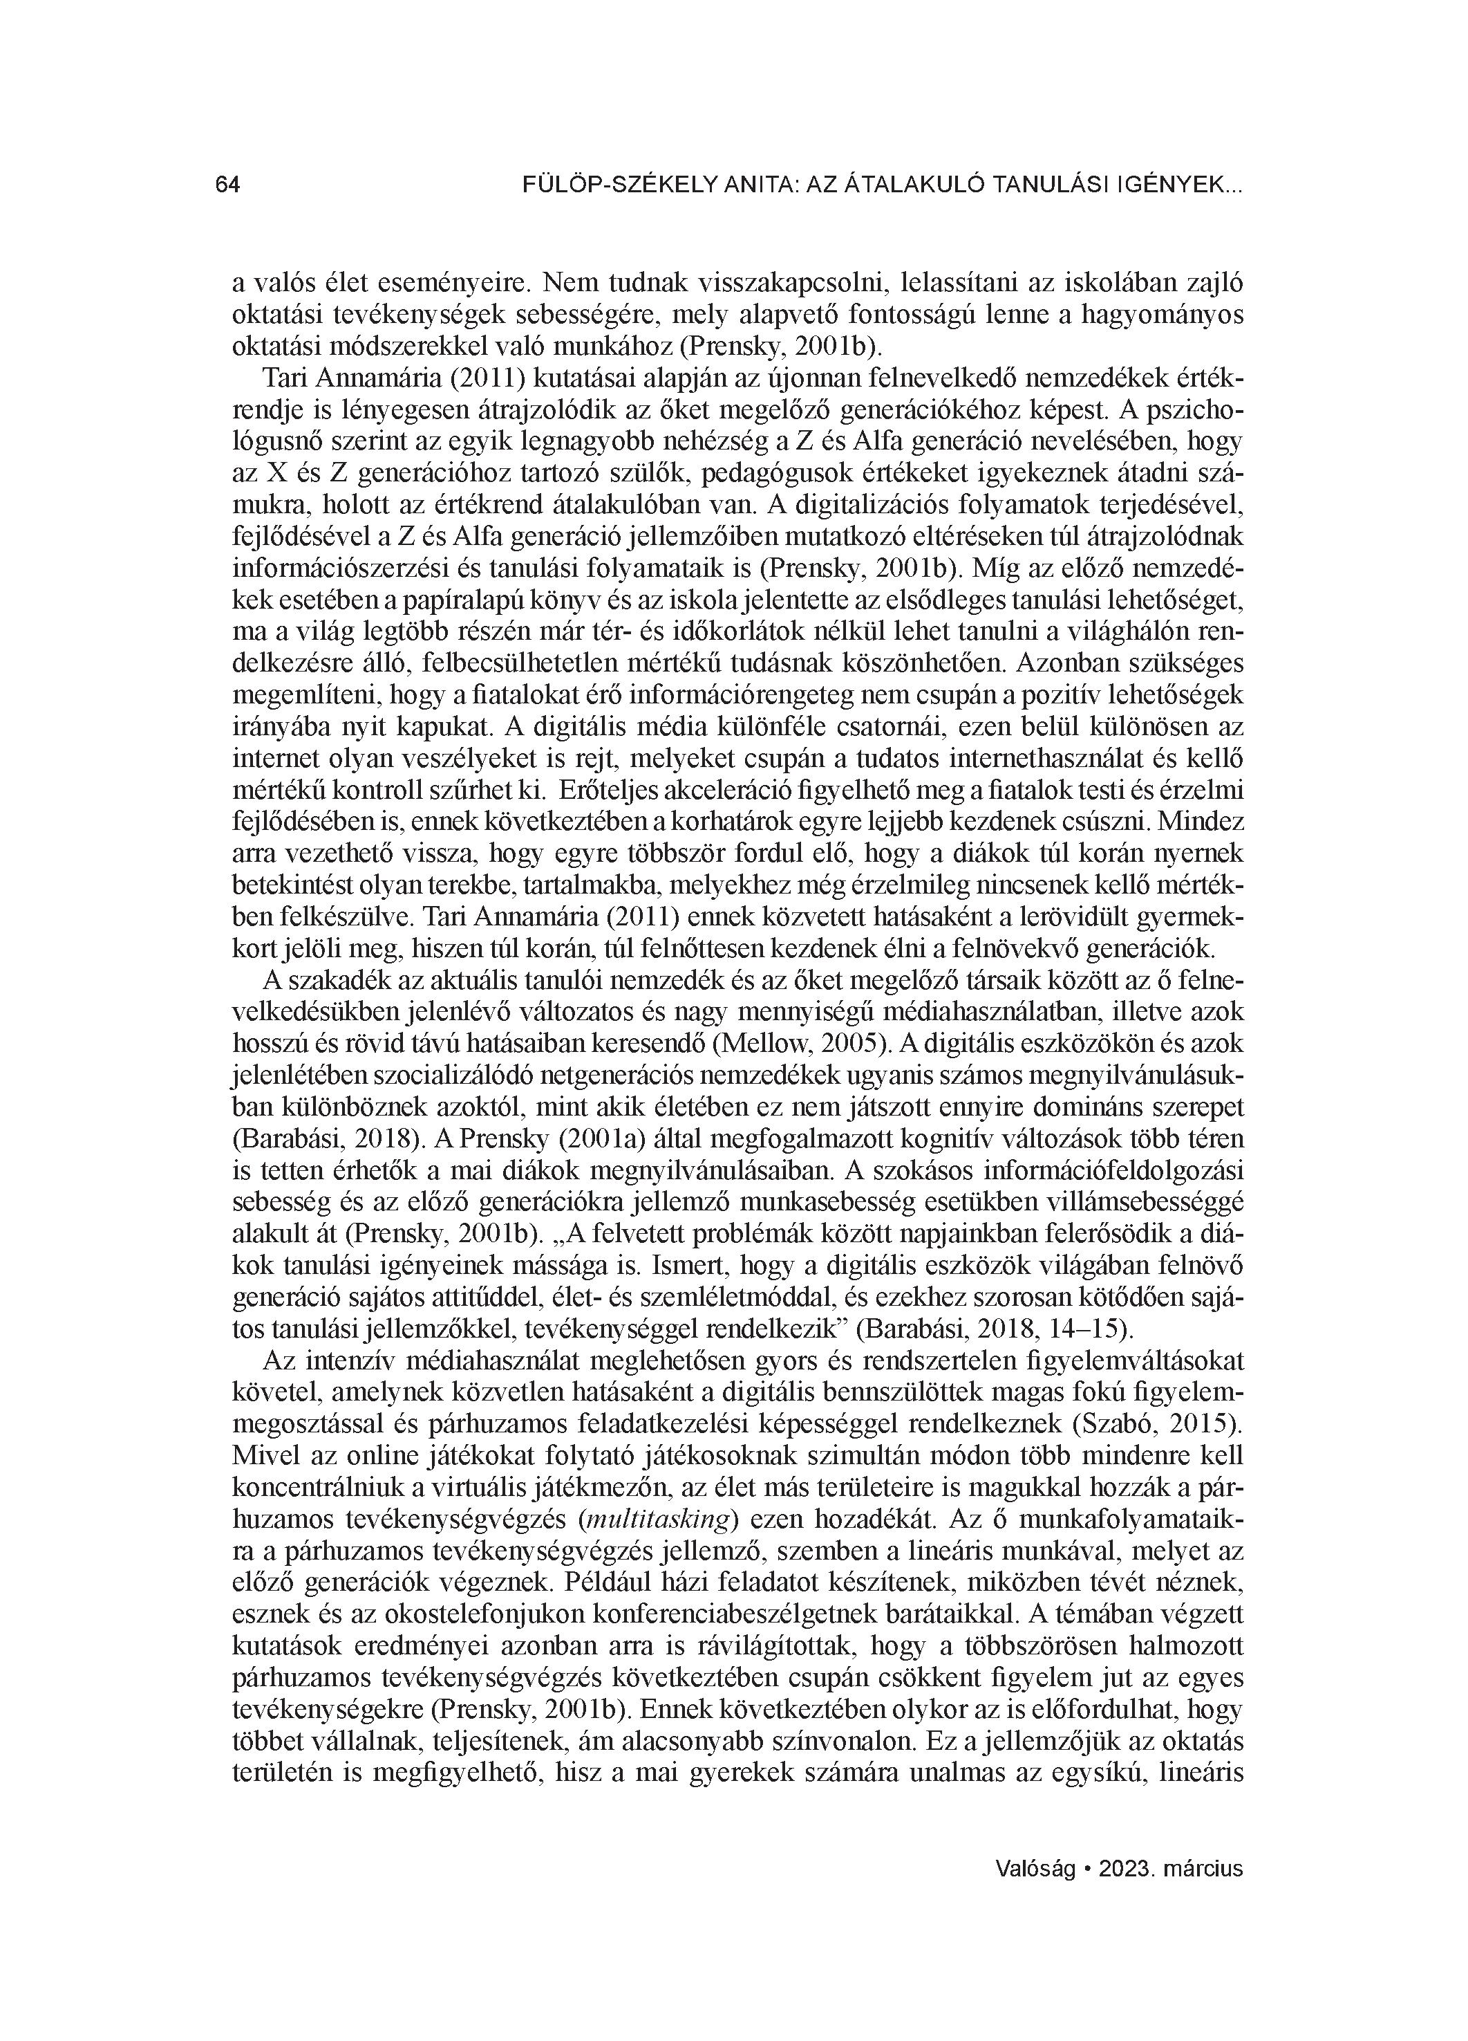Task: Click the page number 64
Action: tap(227, 185)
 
